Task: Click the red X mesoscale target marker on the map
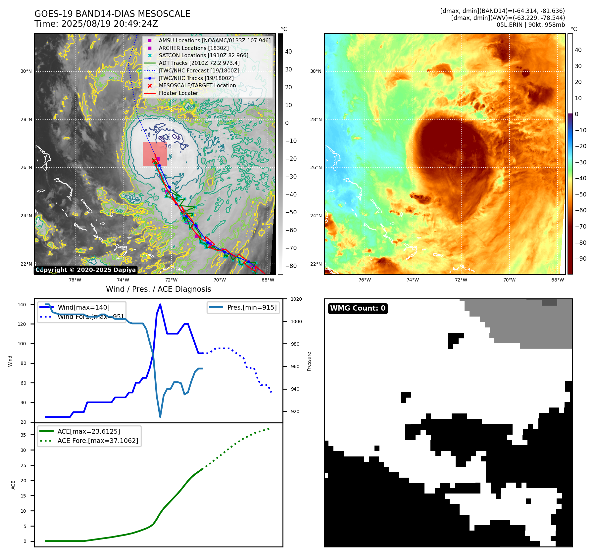[x=154, y=161]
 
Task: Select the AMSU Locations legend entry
[x=214, y=40]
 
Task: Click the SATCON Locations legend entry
[x=203, y=55]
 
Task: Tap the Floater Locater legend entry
[x=178, y=93]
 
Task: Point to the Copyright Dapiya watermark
[x=85, y=270]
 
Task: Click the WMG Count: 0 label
[x=358, y=308]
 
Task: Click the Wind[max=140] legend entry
[x=83, y=307]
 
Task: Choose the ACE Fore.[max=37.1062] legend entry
[x=98, y=441]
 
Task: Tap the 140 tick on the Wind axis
[x=22, y=305]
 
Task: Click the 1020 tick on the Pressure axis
[x=296, y=299]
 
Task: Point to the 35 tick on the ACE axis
[x=23, y=435]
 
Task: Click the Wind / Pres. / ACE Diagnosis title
[x=158, y=289]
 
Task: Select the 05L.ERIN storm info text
[x=530, y=25]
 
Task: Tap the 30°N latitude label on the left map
[x=26, y=71]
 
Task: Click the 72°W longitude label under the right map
[x=461, y=280]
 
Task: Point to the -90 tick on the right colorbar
[x=581, y=259]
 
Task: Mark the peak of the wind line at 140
[x=160, y=304]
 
